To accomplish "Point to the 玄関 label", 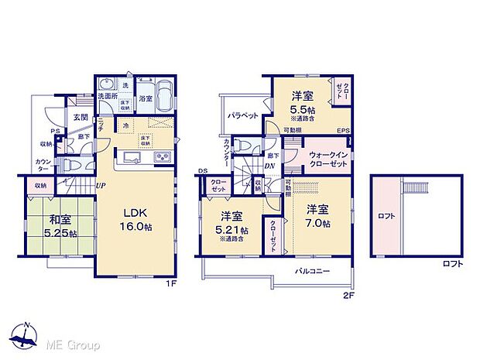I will [81, 117].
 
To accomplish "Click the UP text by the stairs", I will [101, 186].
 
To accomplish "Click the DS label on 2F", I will [202, 171].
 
